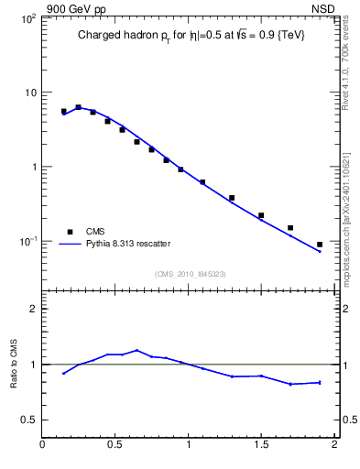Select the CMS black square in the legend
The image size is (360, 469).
[x=70, y=232]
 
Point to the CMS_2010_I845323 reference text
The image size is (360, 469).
[x=189, y=273]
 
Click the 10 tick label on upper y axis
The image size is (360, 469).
[x=29, y=93]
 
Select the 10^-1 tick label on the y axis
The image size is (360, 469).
[x=27, y=242]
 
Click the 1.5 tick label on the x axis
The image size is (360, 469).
[x=261, y=446]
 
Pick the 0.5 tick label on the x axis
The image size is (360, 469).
[x=115, y=446]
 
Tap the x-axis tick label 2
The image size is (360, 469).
[x=334, y=446]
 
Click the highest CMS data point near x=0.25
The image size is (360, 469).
[x=78, y=107]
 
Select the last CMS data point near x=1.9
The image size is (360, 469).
[x=320, y=245]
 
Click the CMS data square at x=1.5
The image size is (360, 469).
[x=261, y=215]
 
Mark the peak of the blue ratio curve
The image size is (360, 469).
[x=136, y=350]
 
